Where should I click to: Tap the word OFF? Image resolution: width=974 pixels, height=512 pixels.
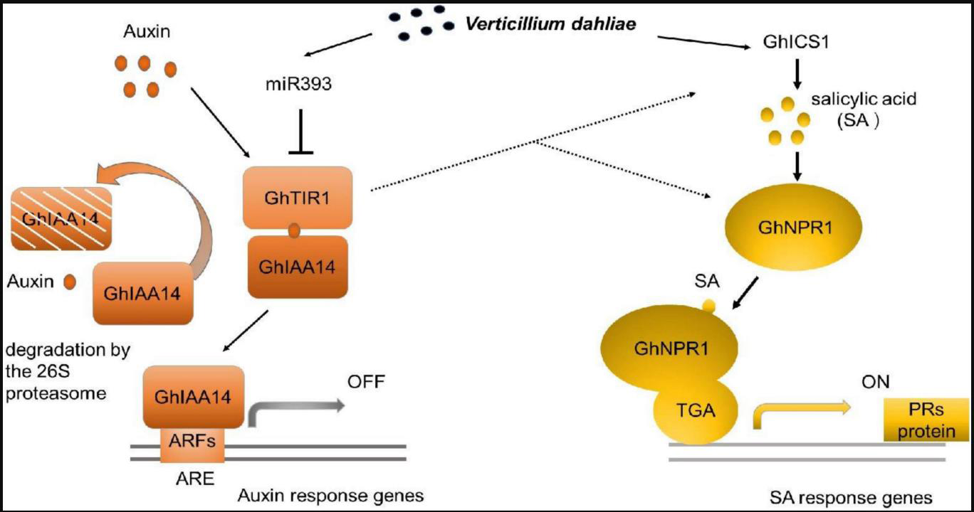coord(366,383)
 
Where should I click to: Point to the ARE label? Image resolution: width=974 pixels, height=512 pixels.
coord(194,478)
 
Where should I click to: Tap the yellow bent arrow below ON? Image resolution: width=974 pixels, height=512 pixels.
coord(797,412)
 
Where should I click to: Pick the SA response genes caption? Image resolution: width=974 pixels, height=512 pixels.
coord(850,496)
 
